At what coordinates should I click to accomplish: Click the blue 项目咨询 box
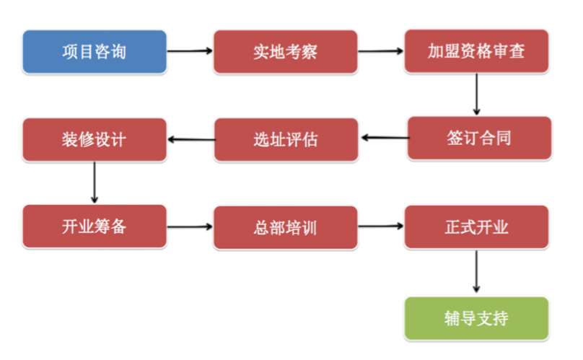click(x=95, y=52)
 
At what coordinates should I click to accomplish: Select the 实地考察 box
click(x=285, y=52)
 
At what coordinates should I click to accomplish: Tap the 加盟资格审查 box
click(x=476, y=52)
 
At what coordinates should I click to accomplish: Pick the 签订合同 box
click(x=479, y=138)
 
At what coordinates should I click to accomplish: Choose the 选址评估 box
click(x=286, y=139)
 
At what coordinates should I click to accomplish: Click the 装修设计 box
click(x=95, y=139)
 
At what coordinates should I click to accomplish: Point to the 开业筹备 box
click(x=95, y=227)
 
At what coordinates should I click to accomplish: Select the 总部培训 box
click(x=285, y=228)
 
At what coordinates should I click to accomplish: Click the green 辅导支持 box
click(x=476, y=318)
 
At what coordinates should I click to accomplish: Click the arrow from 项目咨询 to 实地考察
click(x=190, y=51)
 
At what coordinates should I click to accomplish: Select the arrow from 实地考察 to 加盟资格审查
click(x=381, y=51)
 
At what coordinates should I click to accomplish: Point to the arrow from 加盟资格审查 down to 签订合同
click(x=476, y=94)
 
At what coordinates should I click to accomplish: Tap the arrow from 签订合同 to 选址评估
click(x=383, y=138)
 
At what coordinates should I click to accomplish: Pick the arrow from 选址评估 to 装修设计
click(x=191, y=139)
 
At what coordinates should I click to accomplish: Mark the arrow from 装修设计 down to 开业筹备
click(x=95, y=183)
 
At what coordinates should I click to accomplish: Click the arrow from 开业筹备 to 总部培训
click(x=190, y=227)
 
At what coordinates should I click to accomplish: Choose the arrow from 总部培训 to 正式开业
click(x=381, y=227)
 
